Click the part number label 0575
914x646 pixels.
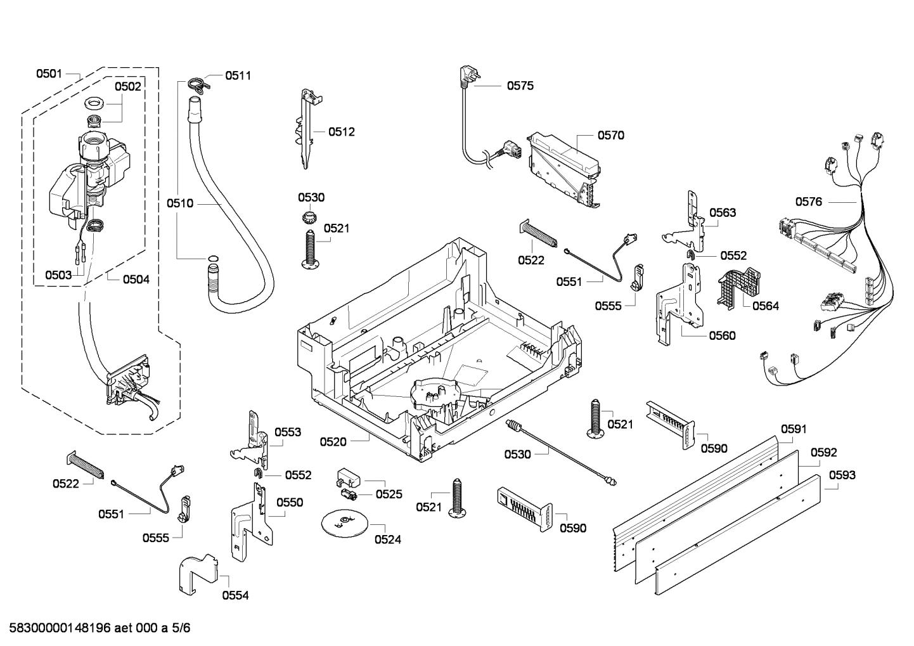point(520,86)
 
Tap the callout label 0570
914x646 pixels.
point(610,135)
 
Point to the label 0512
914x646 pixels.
point(341,132)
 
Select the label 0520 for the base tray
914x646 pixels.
point(333,442)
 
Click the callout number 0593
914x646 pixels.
point(842,475)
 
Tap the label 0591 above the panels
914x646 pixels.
point(793,429)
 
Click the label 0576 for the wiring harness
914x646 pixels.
point(808,202)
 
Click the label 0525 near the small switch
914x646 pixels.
point(389,494)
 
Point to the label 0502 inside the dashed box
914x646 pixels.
point(127,87)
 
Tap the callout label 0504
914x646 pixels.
point(136,279)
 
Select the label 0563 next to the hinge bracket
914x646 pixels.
point(723,212)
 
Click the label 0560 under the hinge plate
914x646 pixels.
point(722,335)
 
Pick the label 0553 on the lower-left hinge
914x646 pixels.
point(288,432)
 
